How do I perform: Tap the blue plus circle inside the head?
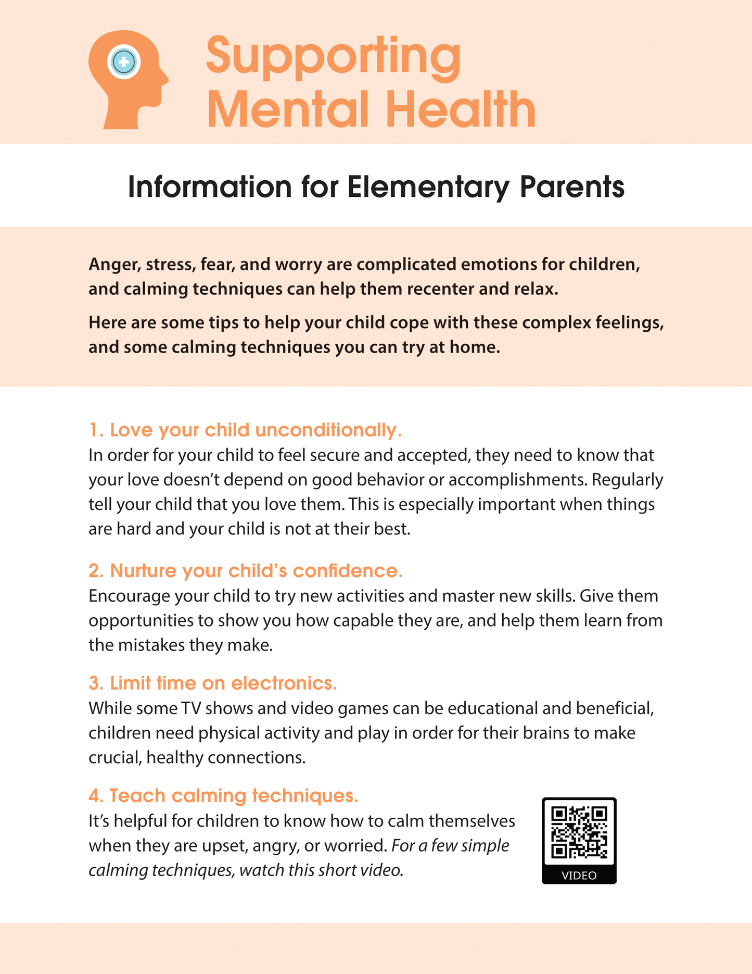124,62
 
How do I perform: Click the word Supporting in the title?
333,56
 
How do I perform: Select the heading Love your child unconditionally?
246,430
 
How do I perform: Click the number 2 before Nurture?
94,571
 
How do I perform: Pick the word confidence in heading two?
348,571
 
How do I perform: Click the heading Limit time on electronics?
213,683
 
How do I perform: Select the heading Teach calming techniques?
224,796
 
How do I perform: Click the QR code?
579,832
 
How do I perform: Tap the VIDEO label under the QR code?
579,876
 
